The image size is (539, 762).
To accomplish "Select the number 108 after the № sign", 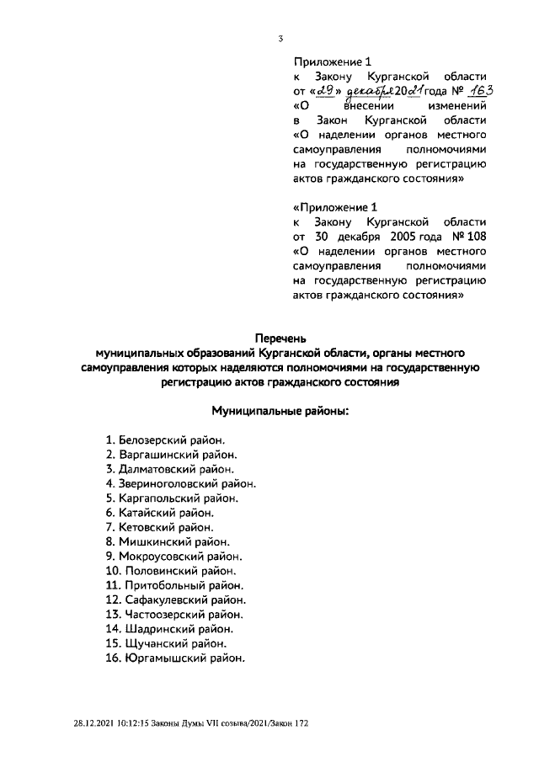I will [475, 237].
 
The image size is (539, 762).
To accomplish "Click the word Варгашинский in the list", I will [156, 455].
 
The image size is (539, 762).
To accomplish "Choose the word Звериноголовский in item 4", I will [165, 483].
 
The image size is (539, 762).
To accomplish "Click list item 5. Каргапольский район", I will [172, 498].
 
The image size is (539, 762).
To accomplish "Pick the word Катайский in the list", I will [146, 512].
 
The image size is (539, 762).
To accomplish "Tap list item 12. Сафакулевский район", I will [176, 599].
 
